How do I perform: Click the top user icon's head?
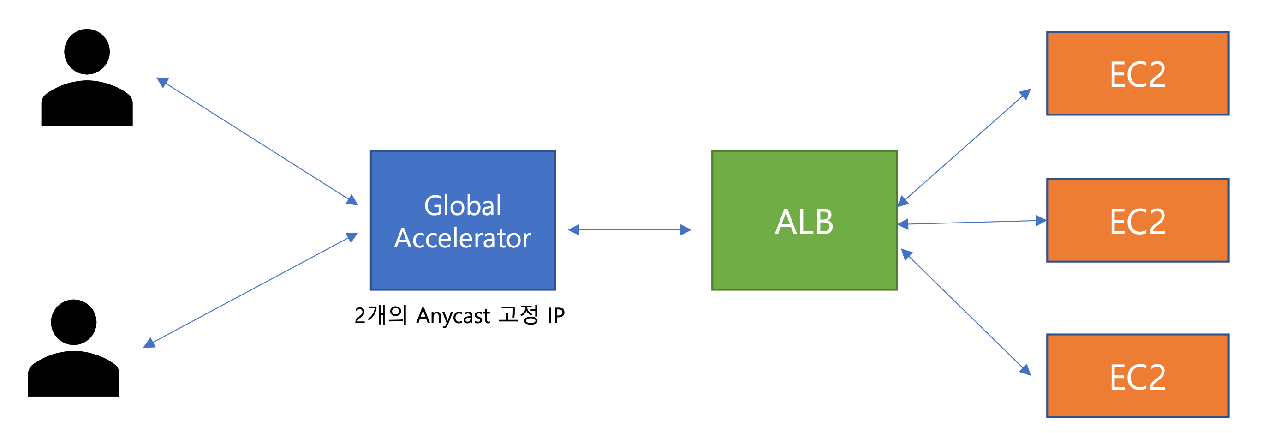coord(87,52)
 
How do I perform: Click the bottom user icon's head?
coord(73,322)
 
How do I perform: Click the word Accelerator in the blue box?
coord(462,238)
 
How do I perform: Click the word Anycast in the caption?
coord(453,315)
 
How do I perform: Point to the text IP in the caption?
coord(556,315)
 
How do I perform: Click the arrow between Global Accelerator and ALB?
coord(630,229)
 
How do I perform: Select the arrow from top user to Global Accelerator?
coord(257,141)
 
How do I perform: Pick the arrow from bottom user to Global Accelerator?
coord(250,290)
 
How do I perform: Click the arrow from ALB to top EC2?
coord(964,148)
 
